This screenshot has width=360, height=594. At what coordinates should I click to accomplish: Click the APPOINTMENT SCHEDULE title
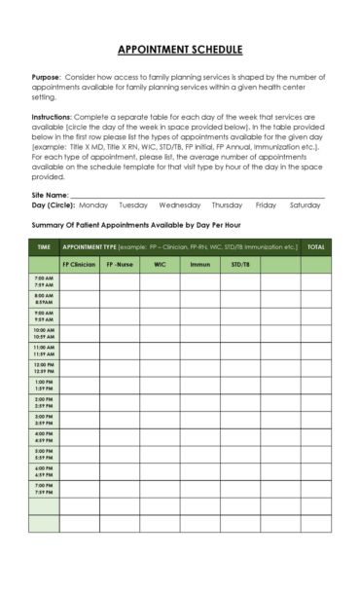pyautogui.click(x=180, y=51)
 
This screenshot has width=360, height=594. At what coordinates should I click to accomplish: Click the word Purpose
pyautogui.click(x=46, y=77)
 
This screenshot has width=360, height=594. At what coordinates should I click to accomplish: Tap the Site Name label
pyautogui.click(x=50, y=196)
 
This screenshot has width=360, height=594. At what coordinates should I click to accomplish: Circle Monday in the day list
pyautogui.click(x=93, y=205)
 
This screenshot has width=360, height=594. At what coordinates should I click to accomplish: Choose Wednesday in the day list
pyautogui.click(x=180, y=205)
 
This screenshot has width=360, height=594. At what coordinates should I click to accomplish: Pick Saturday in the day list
pyautogui.click(x=306, y=205)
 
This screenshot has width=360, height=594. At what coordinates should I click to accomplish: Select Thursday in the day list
pyautogui.click(x=227, y=205)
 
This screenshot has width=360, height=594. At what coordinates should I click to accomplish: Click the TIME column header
pyautogui.click(x=44, y=247)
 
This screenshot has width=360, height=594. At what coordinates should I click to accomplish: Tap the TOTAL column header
pyautogui.click(x=316, y=247)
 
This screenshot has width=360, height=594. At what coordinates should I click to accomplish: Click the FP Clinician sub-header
pyautogui.click(x=79, y=264)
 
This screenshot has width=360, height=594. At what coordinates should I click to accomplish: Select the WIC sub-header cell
pyautogui.click(x=160, y=264)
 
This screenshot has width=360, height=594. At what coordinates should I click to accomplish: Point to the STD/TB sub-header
pyautogui.click(x=239, y=264)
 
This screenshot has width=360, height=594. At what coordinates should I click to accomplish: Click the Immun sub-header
pyautogui.click(x=199, y=264)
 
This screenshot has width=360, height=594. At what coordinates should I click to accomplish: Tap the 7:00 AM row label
pyautogui.click(x=44, y=281)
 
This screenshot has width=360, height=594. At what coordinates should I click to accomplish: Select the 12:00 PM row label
pyautogui.click(x=44, y=367)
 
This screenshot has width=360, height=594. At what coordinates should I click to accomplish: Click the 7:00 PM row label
pyautogui.click(x=44, y=488)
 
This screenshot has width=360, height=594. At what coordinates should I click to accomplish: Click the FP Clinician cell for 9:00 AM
pyautogui.click(x=79, y=316)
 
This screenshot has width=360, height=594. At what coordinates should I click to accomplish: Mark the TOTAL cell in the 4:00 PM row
pyautogui.click(x=316, y=436)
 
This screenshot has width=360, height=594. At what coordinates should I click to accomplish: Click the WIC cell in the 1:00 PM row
pyautogui.click(x=160, y=385)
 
